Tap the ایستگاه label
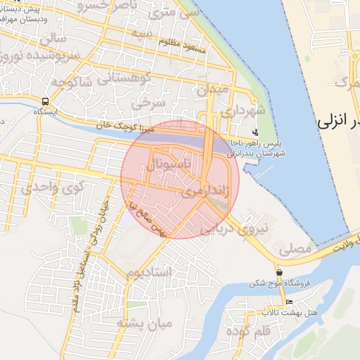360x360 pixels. click(x=46, y=111)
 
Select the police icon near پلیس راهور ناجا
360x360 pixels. click(x=255, y=131)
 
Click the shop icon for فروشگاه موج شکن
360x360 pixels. click(x=280, y=272)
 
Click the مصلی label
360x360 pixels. click(x=295, y=248)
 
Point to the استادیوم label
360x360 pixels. click(x=150, y=272)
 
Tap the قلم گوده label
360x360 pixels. click(x=246, y=330)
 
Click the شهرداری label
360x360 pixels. click(x=252, y=111)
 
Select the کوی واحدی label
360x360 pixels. click(x=51, y=186)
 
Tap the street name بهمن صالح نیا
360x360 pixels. click(x=148, y=219)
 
